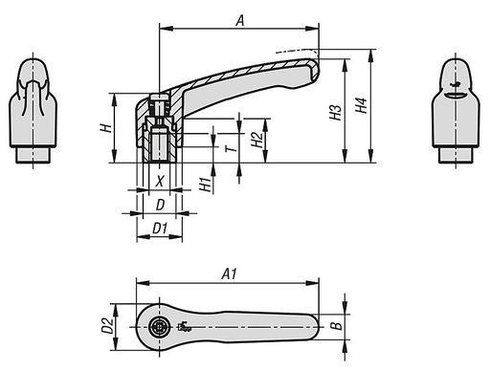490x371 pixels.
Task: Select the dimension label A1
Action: click(230, 273)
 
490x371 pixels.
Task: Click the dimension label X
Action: click(160, 180)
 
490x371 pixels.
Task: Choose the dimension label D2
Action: click(108, 327)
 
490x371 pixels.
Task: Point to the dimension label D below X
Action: click(160, 205)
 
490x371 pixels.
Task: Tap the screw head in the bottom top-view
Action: click(160, 328)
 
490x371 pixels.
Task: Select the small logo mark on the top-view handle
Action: click(184, 329)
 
